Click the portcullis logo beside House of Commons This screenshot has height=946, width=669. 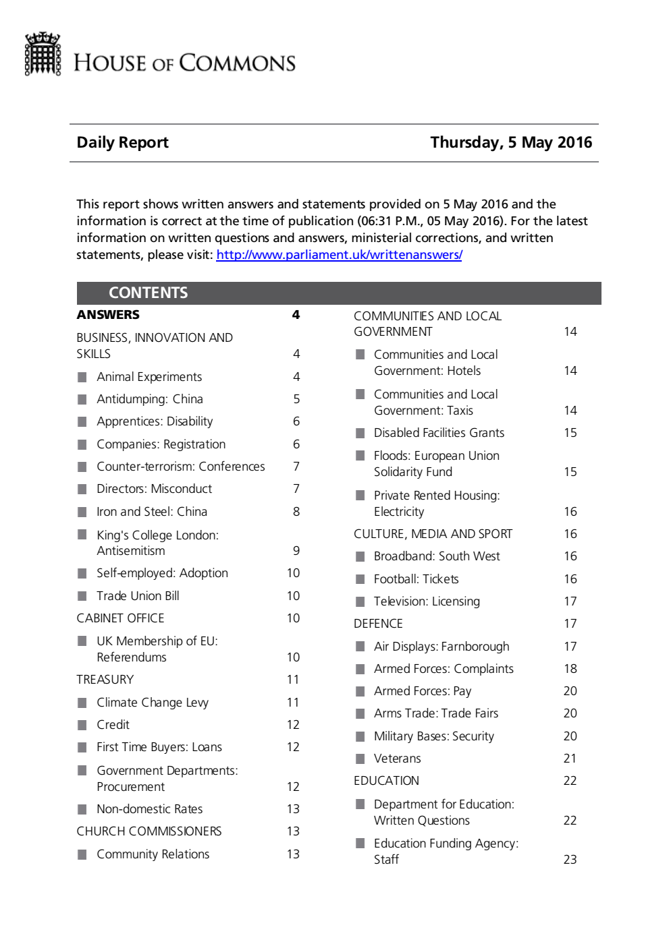coord(43,54)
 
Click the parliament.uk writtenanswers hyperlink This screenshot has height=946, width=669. coord(339,255)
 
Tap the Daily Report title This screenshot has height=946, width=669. coord(122,142)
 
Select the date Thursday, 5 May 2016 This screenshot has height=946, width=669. coord(511,142)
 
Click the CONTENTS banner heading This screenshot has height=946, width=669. coord(148,293)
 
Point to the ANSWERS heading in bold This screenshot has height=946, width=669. coord(108,315)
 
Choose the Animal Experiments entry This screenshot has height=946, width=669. coord(149,377)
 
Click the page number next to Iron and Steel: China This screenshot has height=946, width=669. coord(296,512)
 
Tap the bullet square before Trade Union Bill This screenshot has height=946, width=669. coord(82,596)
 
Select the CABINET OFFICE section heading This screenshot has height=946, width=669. coord(120,618)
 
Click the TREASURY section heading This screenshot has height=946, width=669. coord(105,680)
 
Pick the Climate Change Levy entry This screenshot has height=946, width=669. coord(153,703)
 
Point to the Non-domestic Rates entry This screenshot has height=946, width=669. coord(149,809)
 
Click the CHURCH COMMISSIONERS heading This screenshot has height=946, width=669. coord(149,831)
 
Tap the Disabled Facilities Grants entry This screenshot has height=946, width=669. coord(439,433)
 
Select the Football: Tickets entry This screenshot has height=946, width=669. coord(416,579)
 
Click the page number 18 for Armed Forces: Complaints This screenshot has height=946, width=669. coord(570,669)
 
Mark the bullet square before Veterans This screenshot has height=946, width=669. coord(360,759)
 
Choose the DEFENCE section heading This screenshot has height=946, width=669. coord(378,624)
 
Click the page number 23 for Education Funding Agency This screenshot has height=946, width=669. coord(570,860)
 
